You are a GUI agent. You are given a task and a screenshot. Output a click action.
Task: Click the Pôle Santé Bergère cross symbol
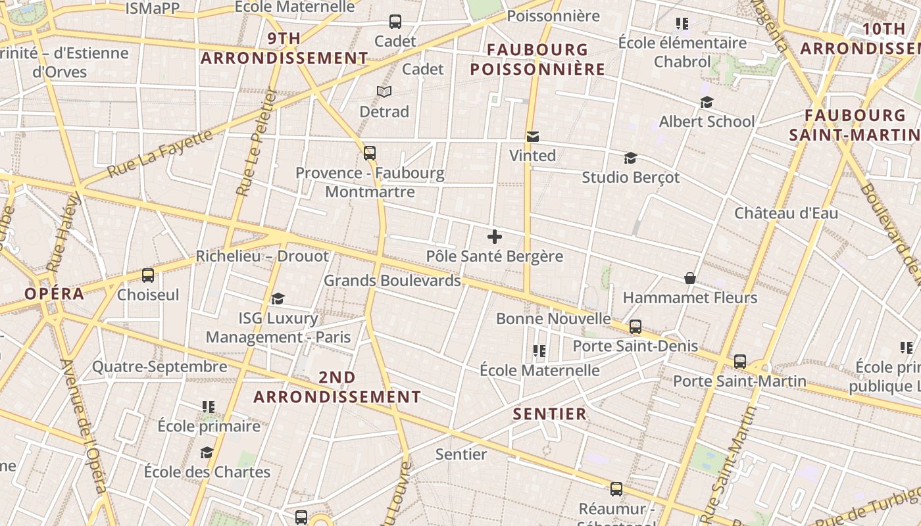click(495, 237)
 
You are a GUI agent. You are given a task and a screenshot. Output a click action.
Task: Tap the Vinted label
click(533, 156)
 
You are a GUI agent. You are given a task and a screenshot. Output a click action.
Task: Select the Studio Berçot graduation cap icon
click(630, 158)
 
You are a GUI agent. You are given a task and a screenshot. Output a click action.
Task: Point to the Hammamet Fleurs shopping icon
click(690, 278)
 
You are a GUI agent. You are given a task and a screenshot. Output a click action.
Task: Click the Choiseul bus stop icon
click(148, 275)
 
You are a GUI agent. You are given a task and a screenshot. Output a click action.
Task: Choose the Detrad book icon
click(384, 92)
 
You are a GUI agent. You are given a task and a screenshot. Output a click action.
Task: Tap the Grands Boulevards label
click(392, 281)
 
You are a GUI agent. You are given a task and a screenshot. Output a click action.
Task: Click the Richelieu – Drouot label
click(262, 256)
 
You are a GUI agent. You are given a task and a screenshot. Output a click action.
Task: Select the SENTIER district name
click(549, 414)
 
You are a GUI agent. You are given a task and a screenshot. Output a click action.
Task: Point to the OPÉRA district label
click(55, 294)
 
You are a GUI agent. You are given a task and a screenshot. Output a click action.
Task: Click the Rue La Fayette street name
click(161, 153)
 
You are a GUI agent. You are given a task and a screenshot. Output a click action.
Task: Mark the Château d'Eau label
click(786, 213)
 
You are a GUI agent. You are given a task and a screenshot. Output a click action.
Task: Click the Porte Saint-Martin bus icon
click(740, 361)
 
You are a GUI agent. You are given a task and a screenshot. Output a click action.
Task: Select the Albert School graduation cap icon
click(707, 102)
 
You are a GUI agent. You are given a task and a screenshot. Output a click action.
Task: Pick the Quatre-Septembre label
click(160, 367)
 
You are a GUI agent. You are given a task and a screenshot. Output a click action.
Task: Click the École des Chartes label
click(207, 472)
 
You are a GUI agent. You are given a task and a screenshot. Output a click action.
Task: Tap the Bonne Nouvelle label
click(553, 319)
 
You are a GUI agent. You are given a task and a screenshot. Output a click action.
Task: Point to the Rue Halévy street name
click(63, 231)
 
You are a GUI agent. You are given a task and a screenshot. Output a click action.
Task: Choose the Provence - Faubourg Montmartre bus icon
click(370, 153)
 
